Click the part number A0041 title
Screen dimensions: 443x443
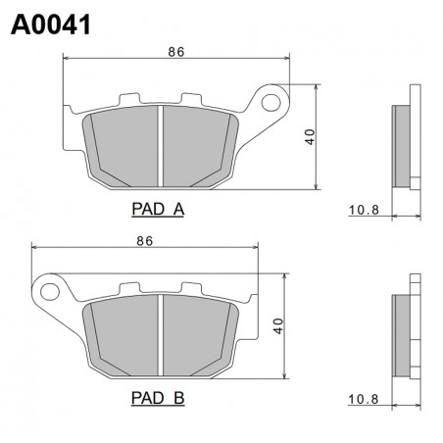pyautogui.click(x=51, y=25)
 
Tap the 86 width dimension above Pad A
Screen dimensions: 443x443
pyautogui.click(x=176, y=52)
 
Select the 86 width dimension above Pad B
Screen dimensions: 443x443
pyautogui.click(x=145, y=241)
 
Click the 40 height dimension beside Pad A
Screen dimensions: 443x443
pyautogui.click(x=310, y=137)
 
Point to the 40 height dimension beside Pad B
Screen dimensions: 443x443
pyautogui.click(x=278, y=326)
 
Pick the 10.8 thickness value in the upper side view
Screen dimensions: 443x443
pyautogui.click(x=364, y=210)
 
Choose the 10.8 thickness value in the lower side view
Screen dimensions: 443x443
pyautogui.click(x=364, y=399)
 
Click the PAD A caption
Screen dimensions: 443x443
pyautogui.click(x=158, y=209)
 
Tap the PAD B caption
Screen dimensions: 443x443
pyautogui.click(x=158, y=398)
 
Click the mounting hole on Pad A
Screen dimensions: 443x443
pyautogui.click(x=271, y=103)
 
